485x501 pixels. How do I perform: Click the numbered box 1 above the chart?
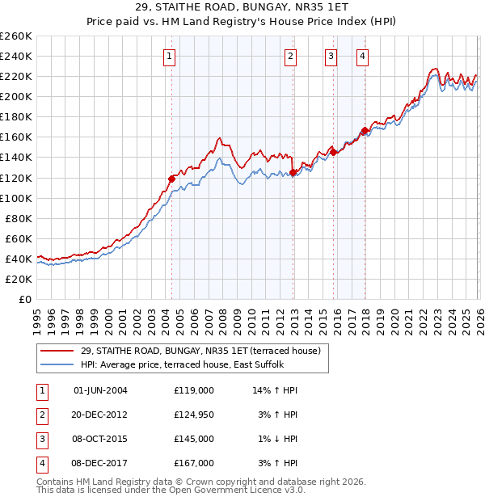(169, 56)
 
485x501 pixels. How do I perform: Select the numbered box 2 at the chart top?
(289, 56)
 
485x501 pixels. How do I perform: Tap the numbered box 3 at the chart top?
(331, 56)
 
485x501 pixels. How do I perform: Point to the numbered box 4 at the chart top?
(362, 56)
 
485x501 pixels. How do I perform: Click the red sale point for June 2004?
(171, 178)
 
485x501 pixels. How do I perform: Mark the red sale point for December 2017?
(365, 130)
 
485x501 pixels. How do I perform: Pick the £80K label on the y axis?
(19, 218)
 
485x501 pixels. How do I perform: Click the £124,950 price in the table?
(193, 415)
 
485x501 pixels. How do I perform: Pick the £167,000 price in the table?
(193, 463)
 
